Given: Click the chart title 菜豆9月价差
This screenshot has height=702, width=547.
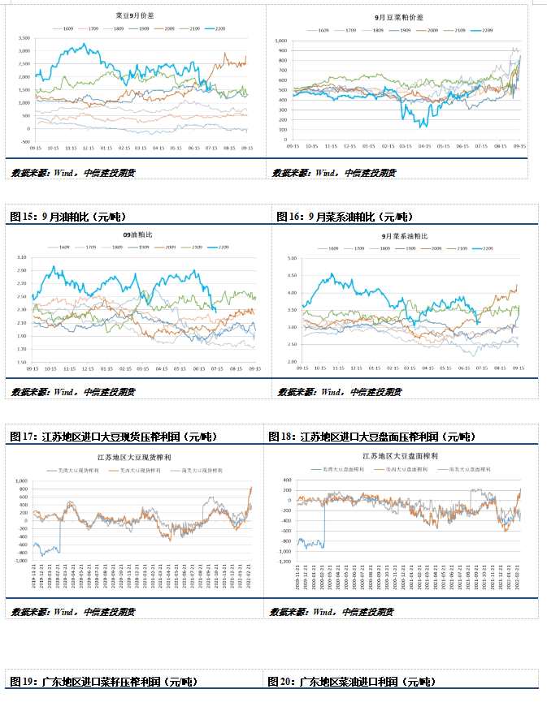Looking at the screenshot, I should tap(135, 16).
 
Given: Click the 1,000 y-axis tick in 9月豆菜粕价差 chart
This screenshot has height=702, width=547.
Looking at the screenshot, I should tap(282, 40).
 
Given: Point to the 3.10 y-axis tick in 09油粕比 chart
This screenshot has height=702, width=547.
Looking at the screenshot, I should tap(22, 256).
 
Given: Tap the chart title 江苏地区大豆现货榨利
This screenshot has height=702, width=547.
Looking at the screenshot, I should tap(135, 458).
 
